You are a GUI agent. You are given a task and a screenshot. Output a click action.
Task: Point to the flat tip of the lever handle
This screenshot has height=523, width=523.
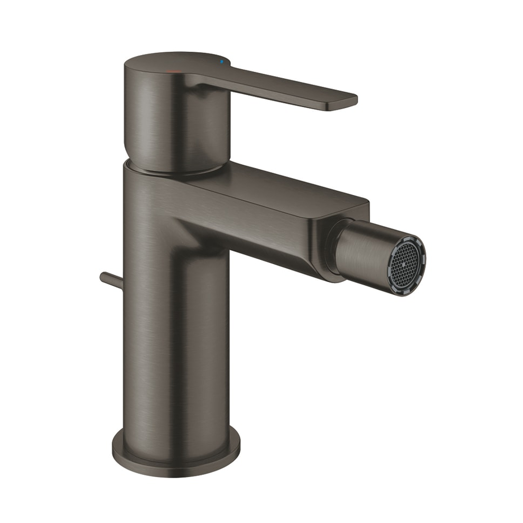343,102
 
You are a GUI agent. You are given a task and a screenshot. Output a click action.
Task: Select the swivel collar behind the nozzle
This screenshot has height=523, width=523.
331,248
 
